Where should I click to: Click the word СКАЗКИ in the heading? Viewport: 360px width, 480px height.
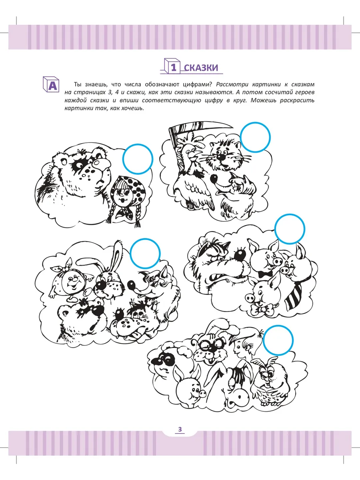201,68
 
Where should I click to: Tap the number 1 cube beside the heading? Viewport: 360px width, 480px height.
172,66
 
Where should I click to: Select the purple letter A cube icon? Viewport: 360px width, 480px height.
51,84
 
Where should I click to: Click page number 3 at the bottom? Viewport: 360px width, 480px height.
180,429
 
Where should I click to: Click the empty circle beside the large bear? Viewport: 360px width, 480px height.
138,159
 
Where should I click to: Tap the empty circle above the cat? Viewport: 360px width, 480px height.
255,137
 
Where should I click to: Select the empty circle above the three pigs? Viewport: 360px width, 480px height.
290,229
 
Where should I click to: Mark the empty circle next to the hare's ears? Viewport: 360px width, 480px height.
145,254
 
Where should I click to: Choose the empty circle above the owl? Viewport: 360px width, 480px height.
278,340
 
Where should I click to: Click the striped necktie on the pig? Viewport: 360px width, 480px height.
296,294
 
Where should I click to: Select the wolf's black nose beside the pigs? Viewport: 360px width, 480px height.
240,255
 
